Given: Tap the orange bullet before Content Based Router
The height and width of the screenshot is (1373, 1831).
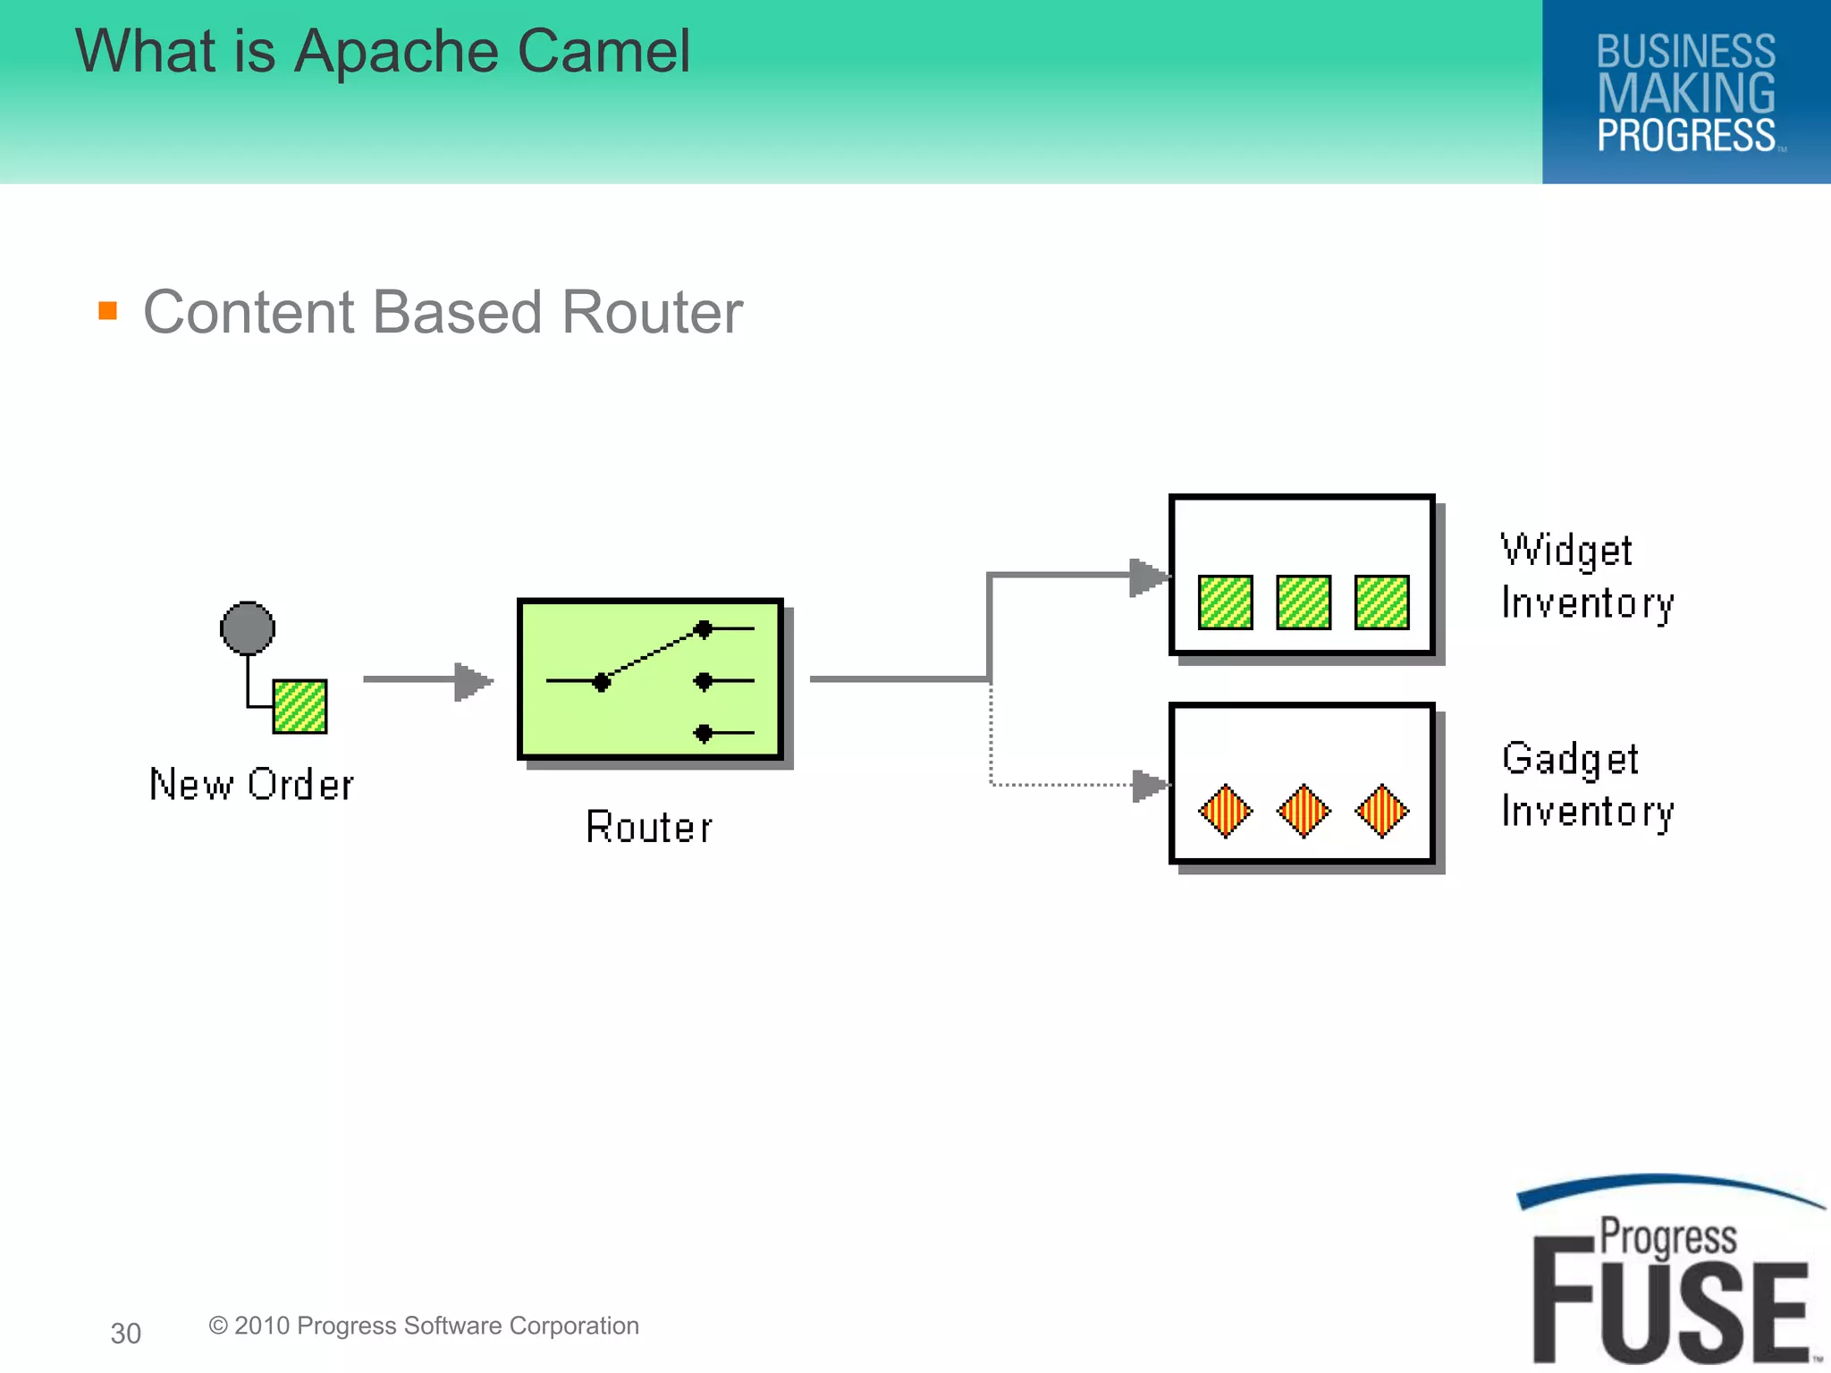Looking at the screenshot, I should (108, 310).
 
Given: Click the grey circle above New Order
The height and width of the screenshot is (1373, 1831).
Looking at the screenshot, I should (248, 628).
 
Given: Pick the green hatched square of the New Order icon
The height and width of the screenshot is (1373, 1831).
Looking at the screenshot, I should (300, 706).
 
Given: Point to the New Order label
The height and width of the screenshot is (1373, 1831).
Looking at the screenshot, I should (251, 785).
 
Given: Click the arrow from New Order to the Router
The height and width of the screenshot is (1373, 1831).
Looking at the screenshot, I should (427, 681).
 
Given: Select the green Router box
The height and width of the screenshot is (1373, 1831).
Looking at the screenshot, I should (651, 679).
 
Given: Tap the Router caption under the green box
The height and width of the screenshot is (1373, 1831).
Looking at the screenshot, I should (649, 827).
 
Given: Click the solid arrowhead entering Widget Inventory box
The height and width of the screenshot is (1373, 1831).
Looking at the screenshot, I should (1150, 577).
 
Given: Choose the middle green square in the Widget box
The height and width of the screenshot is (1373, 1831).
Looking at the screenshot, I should (1304, 602).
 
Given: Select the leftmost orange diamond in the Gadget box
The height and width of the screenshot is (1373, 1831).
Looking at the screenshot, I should (1225, 811).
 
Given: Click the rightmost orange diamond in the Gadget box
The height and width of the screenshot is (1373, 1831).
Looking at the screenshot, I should (1382, 811).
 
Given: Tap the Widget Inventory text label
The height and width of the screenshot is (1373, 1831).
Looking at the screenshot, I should (1586, 577).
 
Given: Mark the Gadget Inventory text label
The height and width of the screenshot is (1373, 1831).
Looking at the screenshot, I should (1586, 785).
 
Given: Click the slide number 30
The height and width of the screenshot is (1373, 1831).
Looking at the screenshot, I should (126, 1333).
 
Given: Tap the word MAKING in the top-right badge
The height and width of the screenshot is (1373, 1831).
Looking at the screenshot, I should (1686, 93).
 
